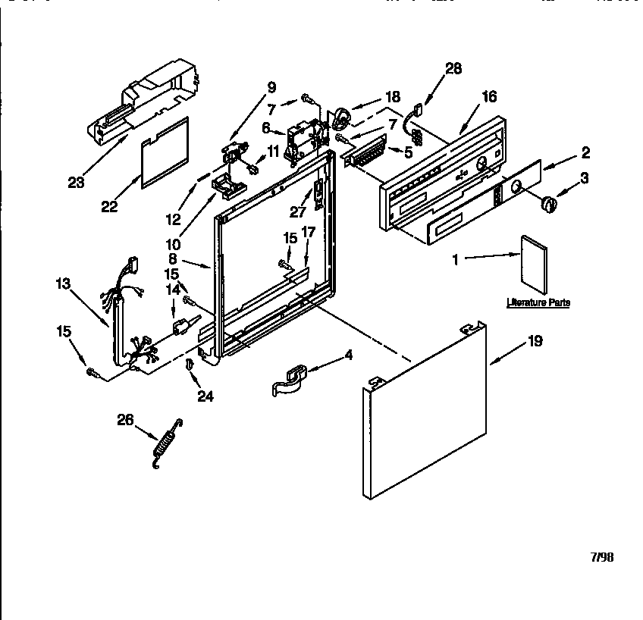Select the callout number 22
(x=109, y=206)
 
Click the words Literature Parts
(x=538, y=303)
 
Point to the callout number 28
(x=453, y=69)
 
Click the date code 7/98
(x=601, y=557)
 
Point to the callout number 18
(x=392, y=97)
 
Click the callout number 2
(x=585, y=151)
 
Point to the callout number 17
(x=308, y=232)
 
